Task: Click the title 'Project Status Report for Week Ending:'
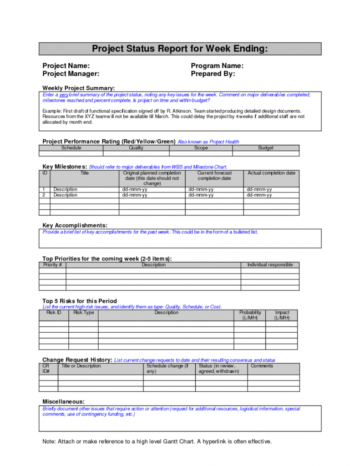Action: (180, 49)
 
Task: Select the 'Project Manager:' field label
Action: (71, 74)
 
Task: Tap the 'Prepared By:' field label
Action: (213, 74)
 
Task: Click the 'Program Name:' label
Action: (217, 66)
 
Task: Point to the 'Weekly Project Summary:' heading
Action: (78, 88)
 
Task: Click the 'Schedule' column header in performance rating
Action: (71, 148)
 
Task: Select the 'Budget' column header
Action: (266, 148)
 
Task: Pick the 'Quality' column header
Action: (136, 148)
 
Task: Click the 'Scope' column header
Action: (201, 148)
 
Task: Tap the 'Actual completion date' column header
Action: (271, 173)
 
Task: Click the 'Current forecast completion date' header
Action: (214, 176)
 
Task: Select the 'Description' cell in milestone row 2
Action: (65, 195)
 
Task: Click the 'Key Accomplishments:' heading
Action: (75, 225)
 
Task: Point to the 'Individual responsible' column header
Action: (270, 265)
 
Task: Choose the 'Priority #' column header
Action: (52, 265)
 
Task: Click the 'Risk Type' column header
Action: (84, 313)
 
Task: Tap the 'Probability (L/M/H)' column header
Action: (250, 315)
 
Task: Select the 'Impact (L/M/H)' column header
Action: (282, 315)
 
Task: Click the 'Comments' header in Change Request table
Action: (262, 366)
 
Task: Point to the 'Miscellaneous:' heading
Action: (63, 401)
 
